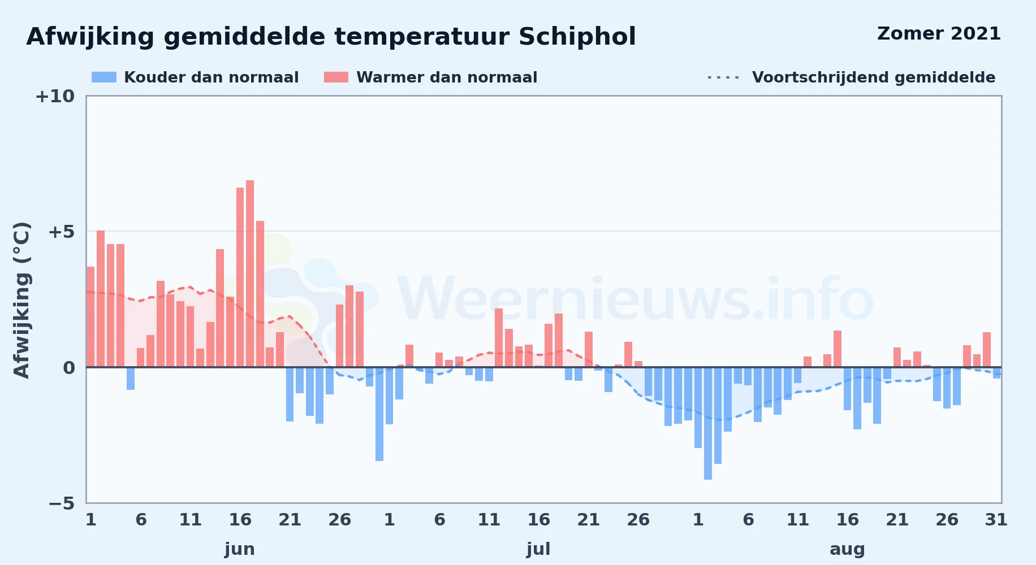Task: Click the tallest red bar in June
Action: tap(250, 273)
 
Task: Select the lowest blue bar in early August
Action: tap(708, 423)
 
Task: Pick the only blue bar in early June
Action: tap(131, 379)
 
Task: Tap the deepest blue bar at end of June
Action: tap(379, 414)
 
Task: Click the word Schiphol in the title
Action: tap(577, 37)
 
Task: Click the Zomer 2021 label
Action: tap(939, 33)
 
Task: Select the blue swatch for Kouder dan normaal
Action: tap(104, 77)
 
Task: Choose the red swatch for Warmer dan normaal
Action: tap(336, 77)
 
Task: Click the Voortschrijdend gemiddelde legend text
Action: tap(874, 77)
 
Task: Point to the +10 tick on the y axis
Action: tap(55, 96)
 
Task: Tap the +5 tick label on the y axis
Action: tap(61, 232)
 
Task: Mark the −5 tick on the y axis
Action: tap(62, 503)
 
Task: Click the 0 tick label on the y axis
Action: tap(69, 368)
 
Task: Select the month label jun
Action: tap(240, 549)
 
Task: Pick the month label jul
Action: tap(538, 549)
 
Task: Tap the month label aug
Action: tap(847, 549)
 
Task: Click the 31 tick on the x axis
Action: tap(996, 520)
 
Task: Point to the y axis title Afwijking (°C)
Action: tap(21, 299)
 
